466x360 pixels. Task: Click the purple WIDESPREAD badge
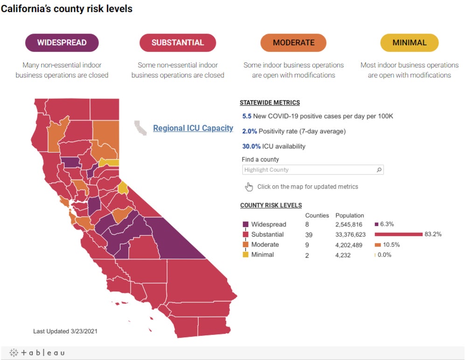point(62,42)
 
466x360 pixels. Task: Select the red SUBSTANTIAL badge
point(178,42)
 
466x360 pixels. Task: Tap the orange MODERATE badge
point(293,42)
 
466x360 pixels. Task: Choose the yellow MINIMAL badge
point(409,42)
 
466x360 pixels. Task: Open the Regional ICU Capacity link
point(193,128)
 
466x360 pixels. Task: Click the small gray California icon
point(140,128)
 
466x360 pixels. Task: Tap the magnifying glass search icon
point(379,170)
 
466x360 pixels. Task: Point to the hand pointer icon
point(249,187)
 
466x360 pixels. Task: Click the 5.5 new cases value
point(247,116)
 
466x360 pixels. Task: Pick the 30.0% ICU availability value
point(250,146)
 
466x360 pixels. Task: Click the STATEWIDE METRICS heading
point(270,103)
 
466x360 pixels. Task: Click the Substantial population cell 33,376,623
point(350,235)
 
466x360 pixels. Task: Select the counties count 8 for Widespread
point(307,224)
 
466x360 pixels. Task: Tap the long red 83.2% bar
point(398,235)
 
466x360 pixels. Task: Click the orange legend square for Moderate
point(245,245)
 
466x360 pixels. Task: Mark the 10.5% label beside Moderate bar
point(391,245)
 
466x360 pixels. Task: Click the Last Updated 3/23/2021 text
point(65,331)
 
